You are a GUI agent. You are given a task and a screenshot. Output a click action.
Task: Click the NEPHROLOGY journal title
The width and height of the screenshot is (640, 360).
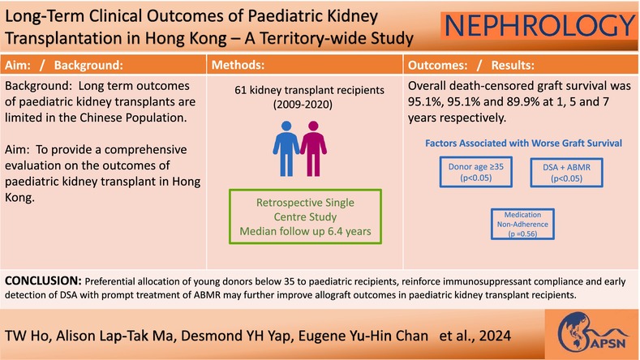539,25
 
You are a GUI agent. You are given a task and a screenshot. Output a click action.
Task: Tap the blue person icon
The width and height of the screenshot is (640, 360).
286,148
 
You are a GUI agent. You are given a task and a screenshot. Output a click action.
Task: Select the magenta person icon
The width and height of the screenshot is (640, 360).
313,148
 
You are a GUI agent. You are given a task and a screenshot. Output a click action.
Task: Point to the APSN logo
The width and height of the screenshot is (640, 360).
592,333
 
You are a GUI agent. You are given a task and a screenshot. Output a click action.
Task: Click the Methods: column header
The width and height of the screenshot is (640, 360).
238,65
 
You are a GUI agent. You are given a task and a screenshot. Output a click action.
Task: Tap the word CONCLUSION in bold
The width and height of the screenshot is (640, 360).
43,281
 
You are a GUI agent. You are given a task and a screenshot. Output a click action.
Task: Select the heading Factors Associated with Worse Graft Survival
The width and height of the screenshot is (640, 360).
523,144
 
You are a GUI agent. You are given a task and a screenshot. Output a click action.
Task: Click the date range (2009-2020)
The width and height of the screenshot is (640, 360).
303,105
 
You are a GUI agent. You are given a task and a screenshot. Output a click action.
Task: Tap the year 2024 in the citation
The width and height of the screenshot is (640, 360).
495,336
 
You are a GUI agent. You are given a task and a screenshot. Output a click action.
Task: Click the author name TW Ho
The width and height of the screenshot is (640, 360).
27,336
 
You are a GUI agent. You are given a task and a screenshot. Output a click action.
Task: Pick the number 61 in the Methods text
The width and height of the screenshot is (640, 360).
240,90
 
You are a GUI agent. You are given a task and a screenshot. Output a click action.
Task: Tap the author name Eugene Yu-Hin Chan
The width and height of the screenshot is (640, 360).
363,336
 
